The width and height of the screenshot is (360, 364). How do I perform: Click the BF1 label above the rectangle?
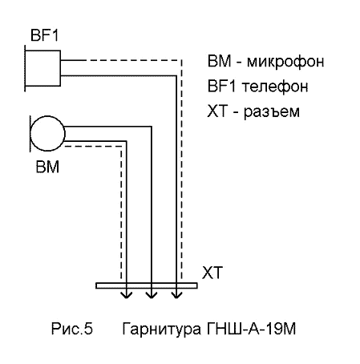pyautogui.click(x=44, y=35)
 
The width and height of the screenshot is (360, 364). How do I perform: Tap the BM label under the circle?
pyautogui.click(x=47, y=167)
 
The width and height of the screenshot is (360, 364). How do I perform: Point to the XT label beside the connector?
pyautogui.click(x=212, y=273)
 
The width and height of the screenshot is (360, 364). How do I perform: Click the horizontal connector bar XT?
pyautogui.click(x=147, y=285)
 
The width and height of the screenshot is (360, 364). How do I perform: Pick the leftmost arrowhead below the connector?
pyautogui.click(x=127, y=294)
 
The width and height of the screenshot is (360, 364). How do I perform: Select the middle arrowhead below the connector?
pyautogui.click(x=152, y=294)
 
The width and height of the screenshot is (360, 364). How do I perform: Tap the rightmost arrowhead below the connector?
pyautogui.click(x=176, y=294)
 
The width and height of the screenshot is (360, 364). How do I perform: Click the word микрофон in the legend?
pyautogui.click(x=285, y=62)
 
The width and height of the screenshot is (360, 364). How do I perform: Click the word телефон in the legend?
pyautogui.click(x=275, y=87)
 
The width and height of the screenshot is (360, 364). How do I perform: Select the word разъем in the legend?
pyautogui.click(x=272, y=111)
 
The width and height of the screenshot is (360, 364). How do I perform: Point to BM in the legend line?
pyautogui.click(x=219, y=61)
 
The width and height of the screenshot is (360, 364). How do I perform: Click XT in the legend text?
pyautogui.click(x=217, y=111)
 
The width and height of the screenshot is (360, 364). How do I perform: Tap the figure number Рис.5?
pyautogui.click(x=72, y=329)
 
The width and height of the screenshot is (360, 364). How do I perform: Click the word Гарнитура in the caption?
pyautogui.click(x=161, y=330)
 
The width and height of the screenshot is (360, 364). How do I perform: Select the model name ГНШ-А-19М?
pyautogui.click(x=251, y=329)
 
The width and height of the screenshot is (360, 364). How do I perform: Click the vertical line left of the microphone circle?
pyautogui.click(x=30, y=134)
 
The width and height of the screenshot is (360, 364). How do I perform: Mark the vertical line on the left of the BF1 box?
pyautogui.click(x=25, y=68)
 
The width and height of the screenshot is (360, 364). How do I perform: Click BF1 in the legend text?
pyautogui.click(x=221, y=86)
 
